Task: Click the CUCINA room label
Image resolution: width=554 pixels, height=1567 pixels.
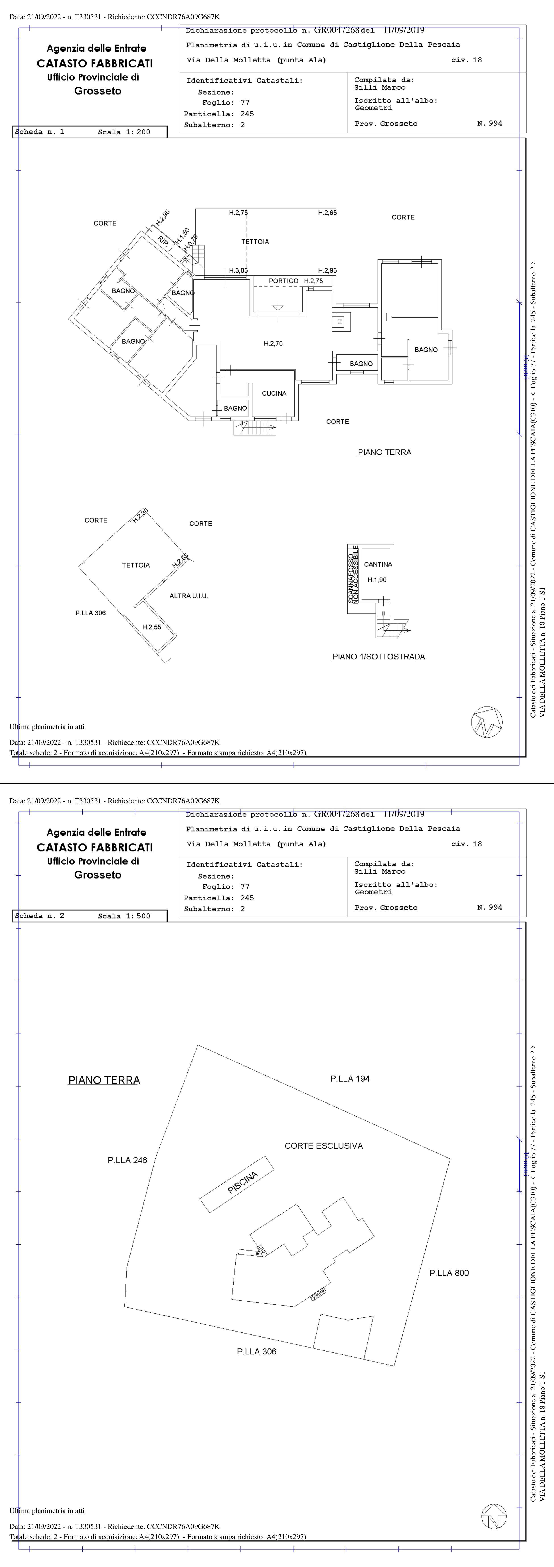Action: [274, 394]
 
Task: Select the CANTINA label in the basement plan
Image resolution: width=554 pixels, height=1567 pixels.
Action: [378, 564]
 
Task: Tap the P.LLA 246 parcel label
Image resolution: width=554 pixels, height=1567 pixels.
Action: [127, 1160]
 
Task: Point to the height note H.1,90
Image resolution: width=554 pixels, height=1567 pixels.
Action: [377, 580]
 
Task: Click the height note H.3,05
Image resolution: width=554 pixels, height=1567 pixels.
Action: [238, 271]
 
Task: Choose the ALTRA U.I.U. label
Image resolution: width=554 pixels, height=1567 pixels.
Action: [189, 596]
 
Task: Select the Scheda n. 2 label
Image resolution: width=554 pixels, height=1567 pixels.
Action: [39, 916]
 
